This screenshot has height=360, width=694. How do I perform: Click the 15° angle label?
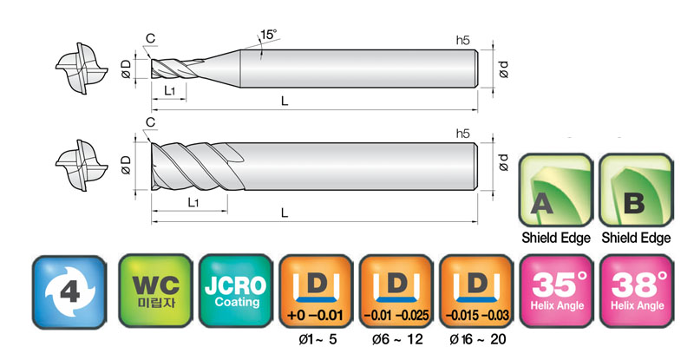click(x=268, y=35)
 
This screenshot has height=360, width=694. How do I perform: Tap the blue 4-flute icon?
click(x=69, y=292)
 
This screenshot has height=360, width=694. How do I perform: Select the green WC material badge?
click(x=155, y=291)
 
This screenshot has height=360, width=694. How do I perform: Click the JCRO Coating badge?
click(x=235, y=291)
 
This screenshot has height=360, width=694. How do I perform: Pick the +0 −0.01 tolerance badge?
click(x=316, y=291)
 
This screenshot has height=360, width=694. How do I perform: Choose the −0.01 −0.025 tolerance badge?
click(x=396, y=291)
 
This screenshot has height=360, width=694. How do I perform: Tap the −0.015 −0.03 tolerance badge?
click(x=476, y=291)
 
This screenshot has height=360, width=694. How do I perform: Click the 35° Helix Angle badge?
click(x=557, y=291)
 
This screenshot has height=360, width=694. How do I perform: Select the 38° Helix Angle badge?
click(x=637, y=291)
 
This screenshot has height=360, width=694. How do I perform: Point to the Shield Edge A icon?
click(x=556, y=190)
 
